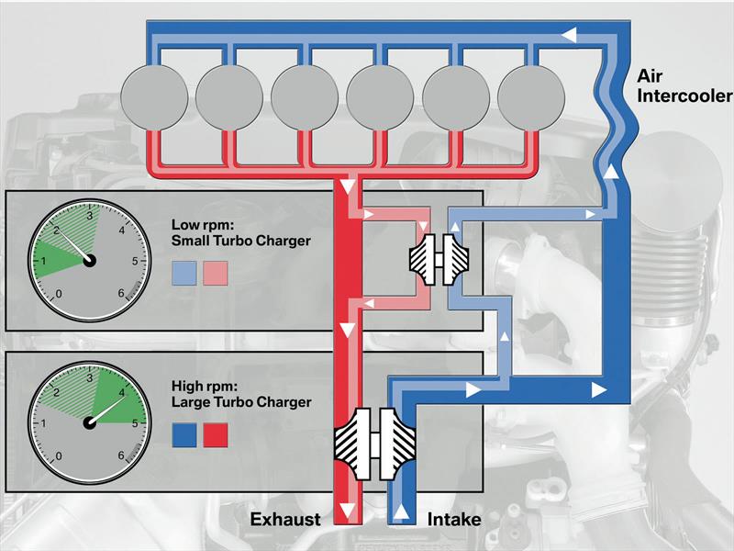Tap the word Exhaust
click(285, 520)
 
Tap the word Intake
click(453, 520)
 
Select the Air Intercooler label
click(684, 86)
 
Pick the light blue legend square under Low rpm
click(184, 271)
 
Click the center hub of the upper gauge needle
click(90, 261)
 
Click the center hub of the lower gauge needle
click(90, 423)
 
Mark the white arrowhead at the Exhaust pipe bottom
click(346, 511)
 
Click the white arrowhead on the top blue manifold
click(569, 34)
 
